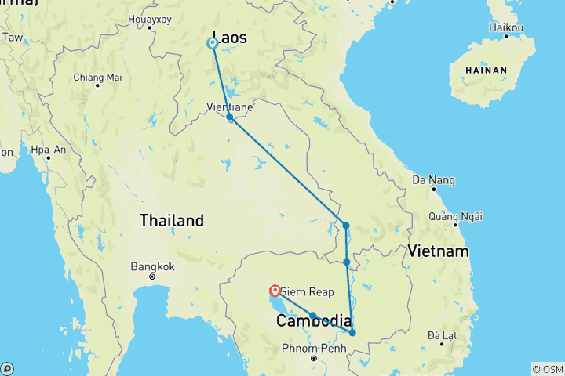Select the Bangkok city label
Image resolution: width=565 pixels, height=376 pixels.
point(151,266)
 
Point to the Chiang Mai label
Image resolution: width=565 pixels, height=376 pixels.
point(97,77)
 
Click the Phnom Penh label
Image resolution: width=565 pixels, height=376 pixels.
point(313,347)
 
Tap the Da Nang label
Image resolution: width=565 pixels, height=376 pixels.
point(432,180)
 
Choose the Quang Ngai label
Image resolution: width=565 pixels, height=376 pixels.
point(456,216)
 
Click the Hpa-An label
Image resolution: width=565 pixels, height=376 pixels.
point(48,148)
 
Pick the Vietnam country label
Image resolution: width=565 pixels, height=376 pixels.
point(438,251)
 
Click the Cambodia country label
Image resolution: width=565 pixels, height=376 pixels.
point(313,320)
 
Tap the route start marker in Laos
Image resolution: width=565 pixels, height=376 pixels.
point(212,43)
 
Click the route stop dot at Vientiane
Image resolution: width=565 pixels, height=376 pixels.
point(230,117)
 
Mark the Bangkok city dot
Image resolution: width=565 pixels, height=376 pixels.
point(152,277)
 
